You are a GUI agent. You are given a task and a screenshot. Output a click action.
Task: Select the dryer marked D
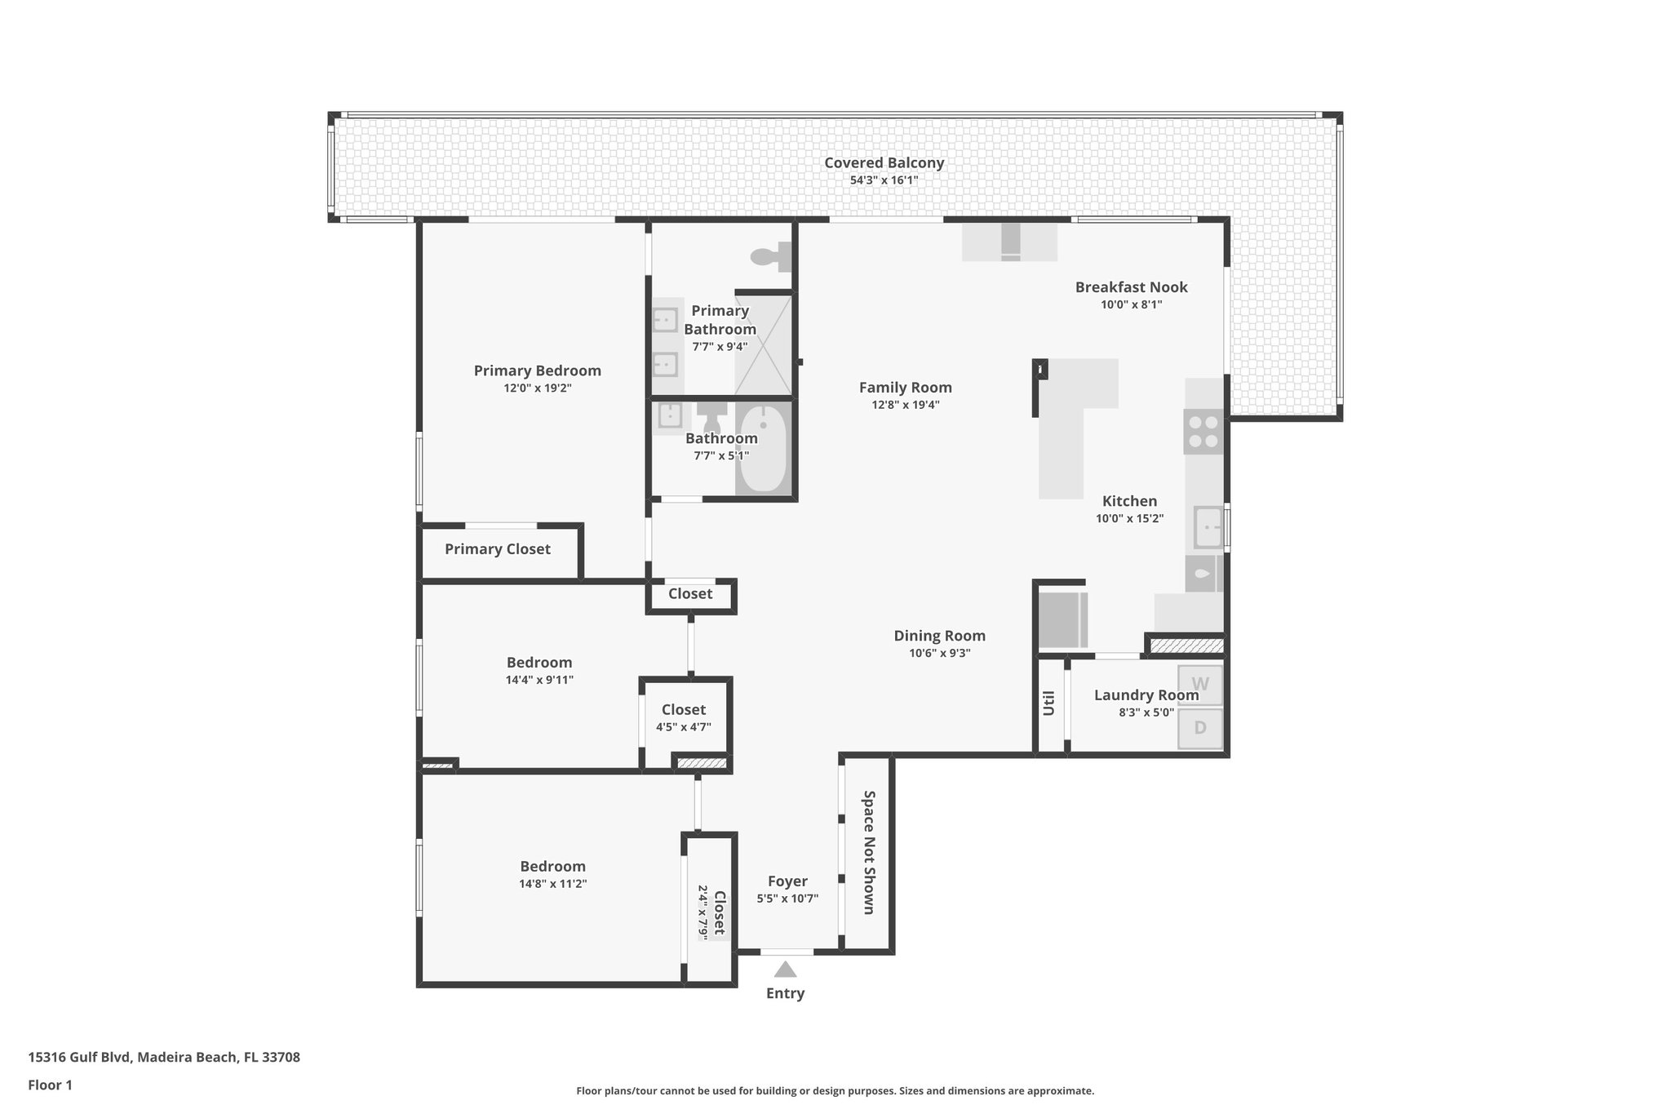coord(1200,728)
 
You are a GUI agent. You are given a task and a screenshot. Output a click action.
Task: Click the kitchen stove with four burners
coord(1203,432)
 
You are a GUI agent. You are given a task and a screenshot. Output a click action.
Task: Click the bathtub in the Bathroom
coord(763,450)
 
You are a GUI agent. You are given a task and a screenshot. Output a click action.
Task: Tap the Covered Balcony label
coord(884,162)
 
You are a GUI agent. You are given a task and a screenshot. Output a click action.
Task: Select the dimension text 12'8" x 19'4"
coord(905,405)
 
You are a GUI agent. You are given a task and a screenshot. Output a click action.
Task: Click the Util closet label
coord(1048,703)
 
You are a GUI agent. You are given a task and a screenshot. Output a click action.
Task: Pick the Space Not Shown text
coord(869,852)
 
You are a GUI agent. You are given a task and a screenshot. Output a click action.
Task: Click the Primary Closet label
coord(497,549)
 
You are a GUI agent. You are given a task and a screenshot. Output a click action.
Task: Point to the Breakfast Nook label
coord(1131,287)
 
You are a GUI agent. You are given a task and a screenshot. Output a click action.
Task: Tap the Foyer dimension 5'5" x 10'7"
coord(787,899)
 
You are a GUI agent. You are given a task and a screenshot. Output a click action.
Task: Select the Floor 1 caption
coord(50,1085)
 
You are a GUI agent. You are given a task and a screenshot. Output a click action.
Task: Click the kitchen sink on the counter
coord(1208,527)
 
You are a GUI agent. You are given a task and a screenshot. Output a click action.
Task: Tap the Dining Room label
coord(939,636)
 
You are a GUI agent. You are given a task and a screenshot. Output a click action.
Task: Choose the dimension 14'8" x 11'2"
coord(552,884)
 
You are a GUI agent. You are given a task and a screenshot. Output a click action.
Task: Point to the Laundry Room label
coord(1146,695)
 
